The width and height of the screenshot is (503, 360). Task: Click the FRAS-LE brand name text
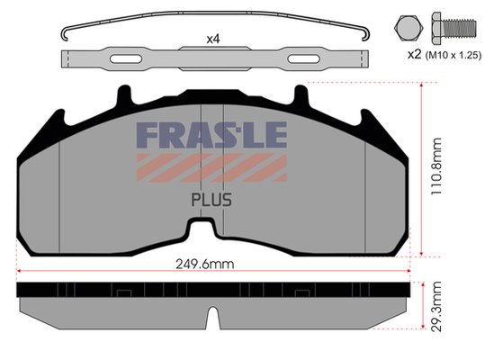pos(211,135)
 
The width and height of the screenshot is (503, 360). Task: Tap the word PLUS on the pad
pos(211,200)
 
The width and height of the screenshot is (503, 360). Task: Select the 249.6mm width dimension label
pos(205,264)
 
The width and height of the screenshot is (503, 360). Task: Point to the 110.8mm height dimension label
pos(436,166)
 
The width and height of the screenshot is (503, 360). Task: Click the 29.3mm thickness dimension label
pos(436,306)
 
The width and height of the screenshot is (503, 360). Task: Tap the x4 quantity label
pos(213,40)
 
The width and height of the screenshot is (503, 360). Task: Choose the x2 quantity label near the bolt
pos(414,55)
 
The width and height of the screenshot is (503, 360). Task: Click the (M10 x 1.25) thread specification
pos(454,56)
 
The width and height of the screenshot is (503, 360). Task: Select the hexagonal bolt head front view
pos(409,28)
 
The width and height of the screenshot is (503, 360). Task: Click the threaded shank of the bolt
pos(460,28)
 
